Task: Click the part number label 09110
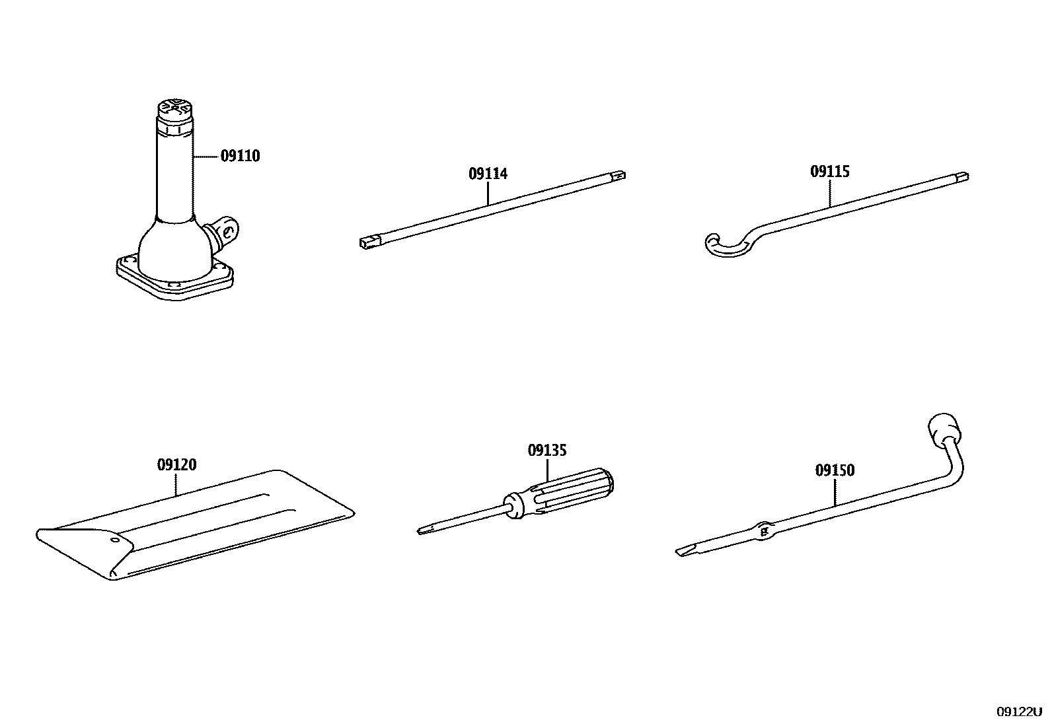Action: (x=240, y=157)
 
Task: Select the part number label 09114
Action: (x=488, y=174)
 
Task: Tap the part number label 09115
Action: (x=830, y=172)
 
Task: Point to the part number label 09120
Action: (x=176, y=465)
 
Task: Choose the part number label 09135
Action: (x=547, y=451)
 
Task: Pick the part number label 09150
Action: (x=835, y=470)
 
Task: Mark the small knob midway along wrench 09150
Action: (x=764, y=530)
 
